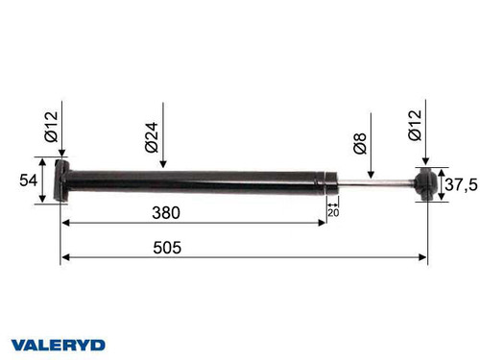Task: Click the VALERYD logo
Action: [59, 343]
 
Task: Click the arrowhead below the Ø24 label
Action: [163, 165]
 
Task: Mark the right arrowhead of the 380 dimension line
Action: [322, 223]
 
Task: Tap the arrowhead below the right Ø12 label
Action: [426, 163]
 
